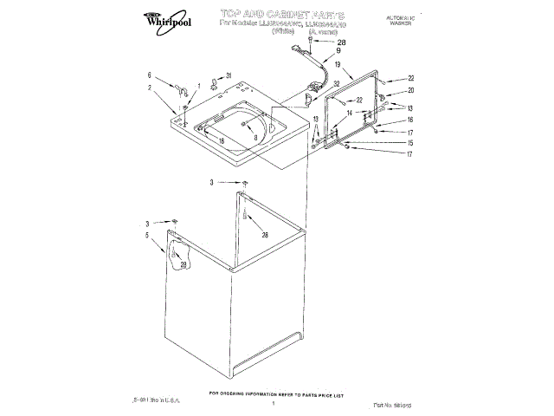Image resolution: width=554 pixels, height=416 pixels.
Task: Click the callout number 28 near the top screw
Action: (340, 43)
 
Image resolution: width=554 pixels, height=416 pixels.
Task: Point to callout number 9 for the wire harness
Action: (338, 52)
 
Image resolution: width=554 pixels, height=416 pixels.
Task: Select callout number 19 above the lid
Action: (338, 65)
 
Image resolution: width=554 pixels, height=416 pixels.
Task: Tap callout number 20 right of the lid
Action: (411, 90)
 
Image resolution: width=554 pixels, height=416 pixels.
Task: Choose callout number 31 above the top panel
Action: (229, 76)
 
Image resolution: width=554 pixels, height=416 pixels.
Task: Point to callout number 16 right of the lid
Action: (410, 120)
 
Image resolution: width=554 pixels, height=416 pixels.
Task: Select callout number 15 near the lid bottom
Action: (410, 143)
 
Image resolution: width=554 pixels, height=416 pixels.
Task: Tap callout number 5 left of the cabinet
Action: (148, 234)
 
